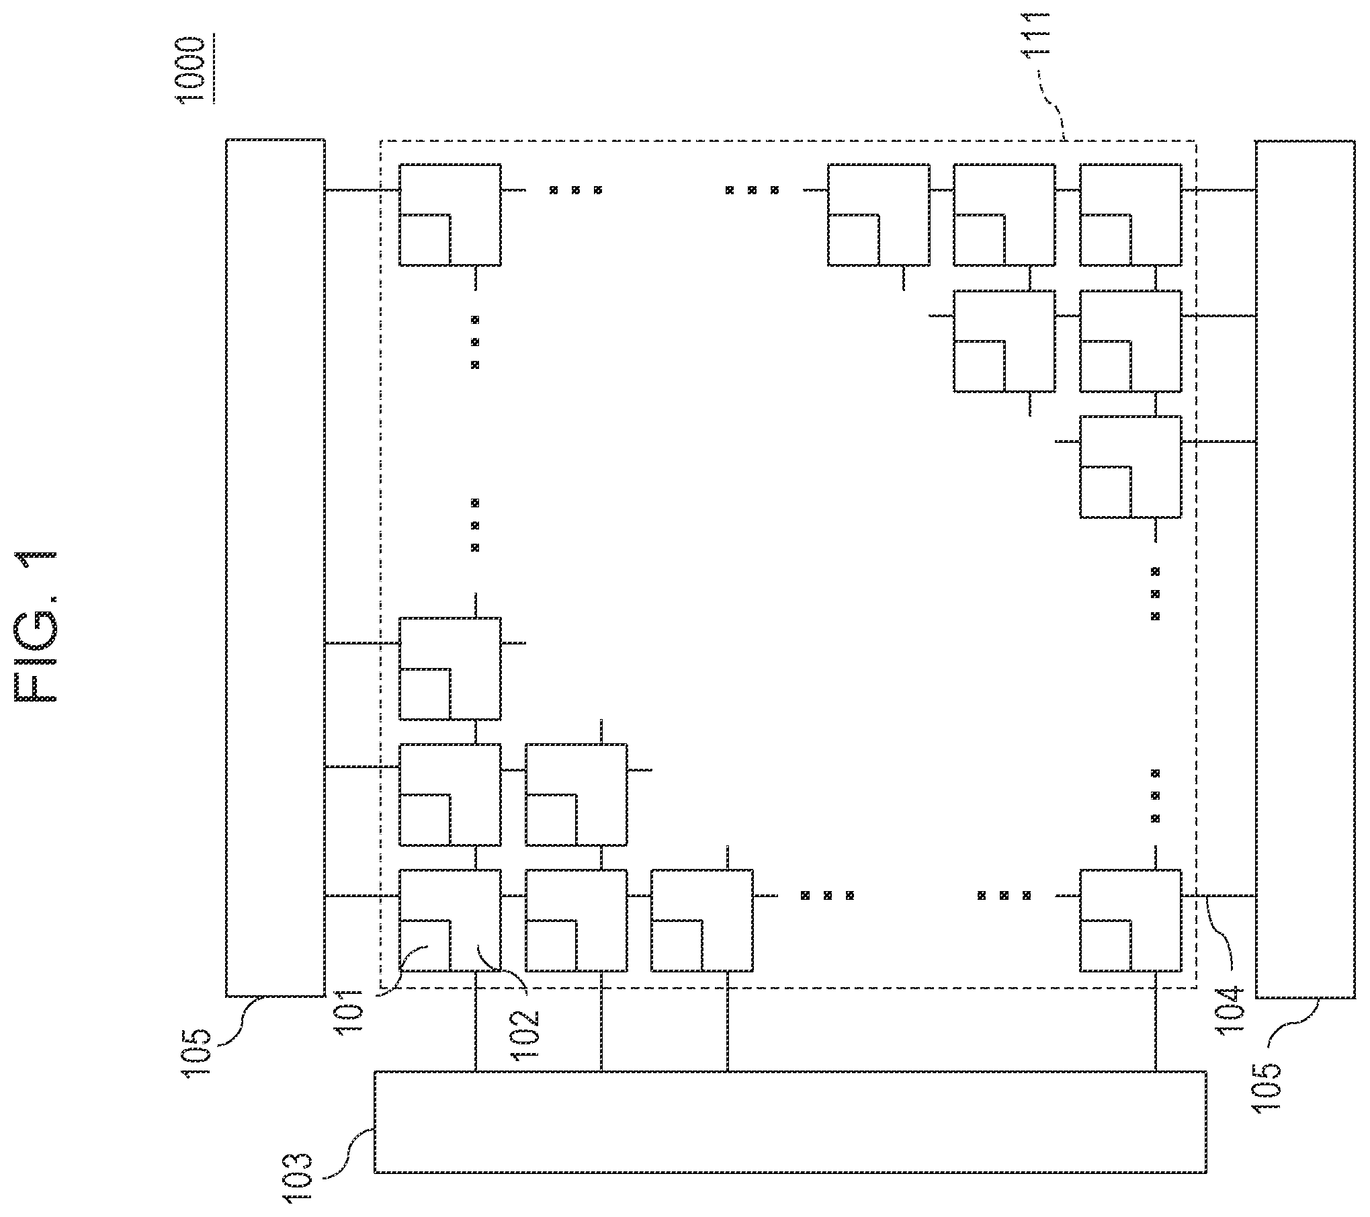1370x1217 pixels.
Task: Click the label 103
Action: tap(298, 1177)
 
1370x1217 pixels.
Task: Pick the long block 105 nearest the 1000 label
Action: tap(275, 568)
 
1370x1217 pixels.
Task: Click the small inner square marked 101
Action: tap(425, 946)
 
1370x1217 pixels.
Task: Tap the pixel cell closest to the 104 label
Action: tap(1130, 921)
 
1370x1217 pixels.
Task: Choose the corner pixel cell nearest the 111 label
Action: tap(1130, 214)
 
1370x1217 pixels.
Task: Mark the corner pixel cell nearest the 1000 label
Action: tap(450, 214)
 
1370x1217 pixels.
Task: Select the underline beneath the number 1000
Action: tap(214, 70)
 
